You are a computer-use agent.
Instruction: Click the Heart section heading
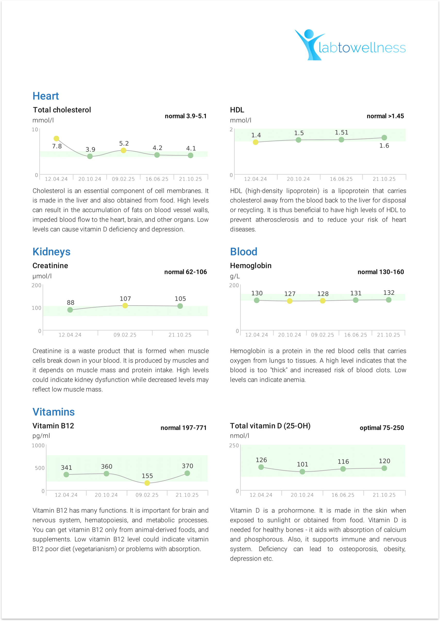(46, 96)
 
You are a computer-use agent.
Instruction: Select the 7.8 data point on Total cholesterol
(56, 139)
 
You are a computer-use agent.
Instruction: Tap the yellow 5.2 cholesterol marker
(123, 150)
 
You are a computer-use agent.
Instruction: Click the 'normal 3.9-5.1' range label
(185, 116)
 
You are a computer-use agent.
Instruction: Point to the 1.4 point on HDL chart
(256, 142)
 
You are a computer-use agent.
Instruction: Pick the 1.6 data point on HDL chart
(384, 137)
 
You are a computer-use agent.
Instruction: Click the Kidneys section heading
(51, 252)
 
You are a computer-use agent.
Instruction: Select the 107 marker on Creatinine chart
(125, 306)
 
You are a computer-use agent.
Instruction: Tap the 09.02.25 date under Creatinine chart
(125, 335)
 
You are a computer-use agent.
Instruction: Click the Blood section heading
(244, 252)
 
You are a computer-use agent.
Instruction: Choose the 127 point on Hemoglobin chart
(290, 301)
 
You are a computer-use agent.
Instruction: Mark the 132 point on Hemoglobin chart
(388, 300)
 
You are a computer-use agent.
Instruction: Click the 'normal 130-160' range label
(381, 272)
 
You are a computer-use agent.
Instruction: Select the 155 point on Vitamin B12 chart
(147, 483)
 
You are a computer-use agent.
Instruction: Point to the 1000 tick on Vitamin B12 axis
(38, 446)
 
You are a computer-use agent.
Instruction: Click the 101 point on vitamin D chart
(302, 472)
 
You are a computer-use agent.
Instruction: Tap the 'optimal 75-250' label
(382, 428)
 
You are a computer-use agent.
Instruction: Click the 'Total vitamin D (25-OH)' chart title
(270, 426)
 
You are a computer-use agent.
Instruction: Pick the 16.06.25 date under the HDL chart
(341, 179)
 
